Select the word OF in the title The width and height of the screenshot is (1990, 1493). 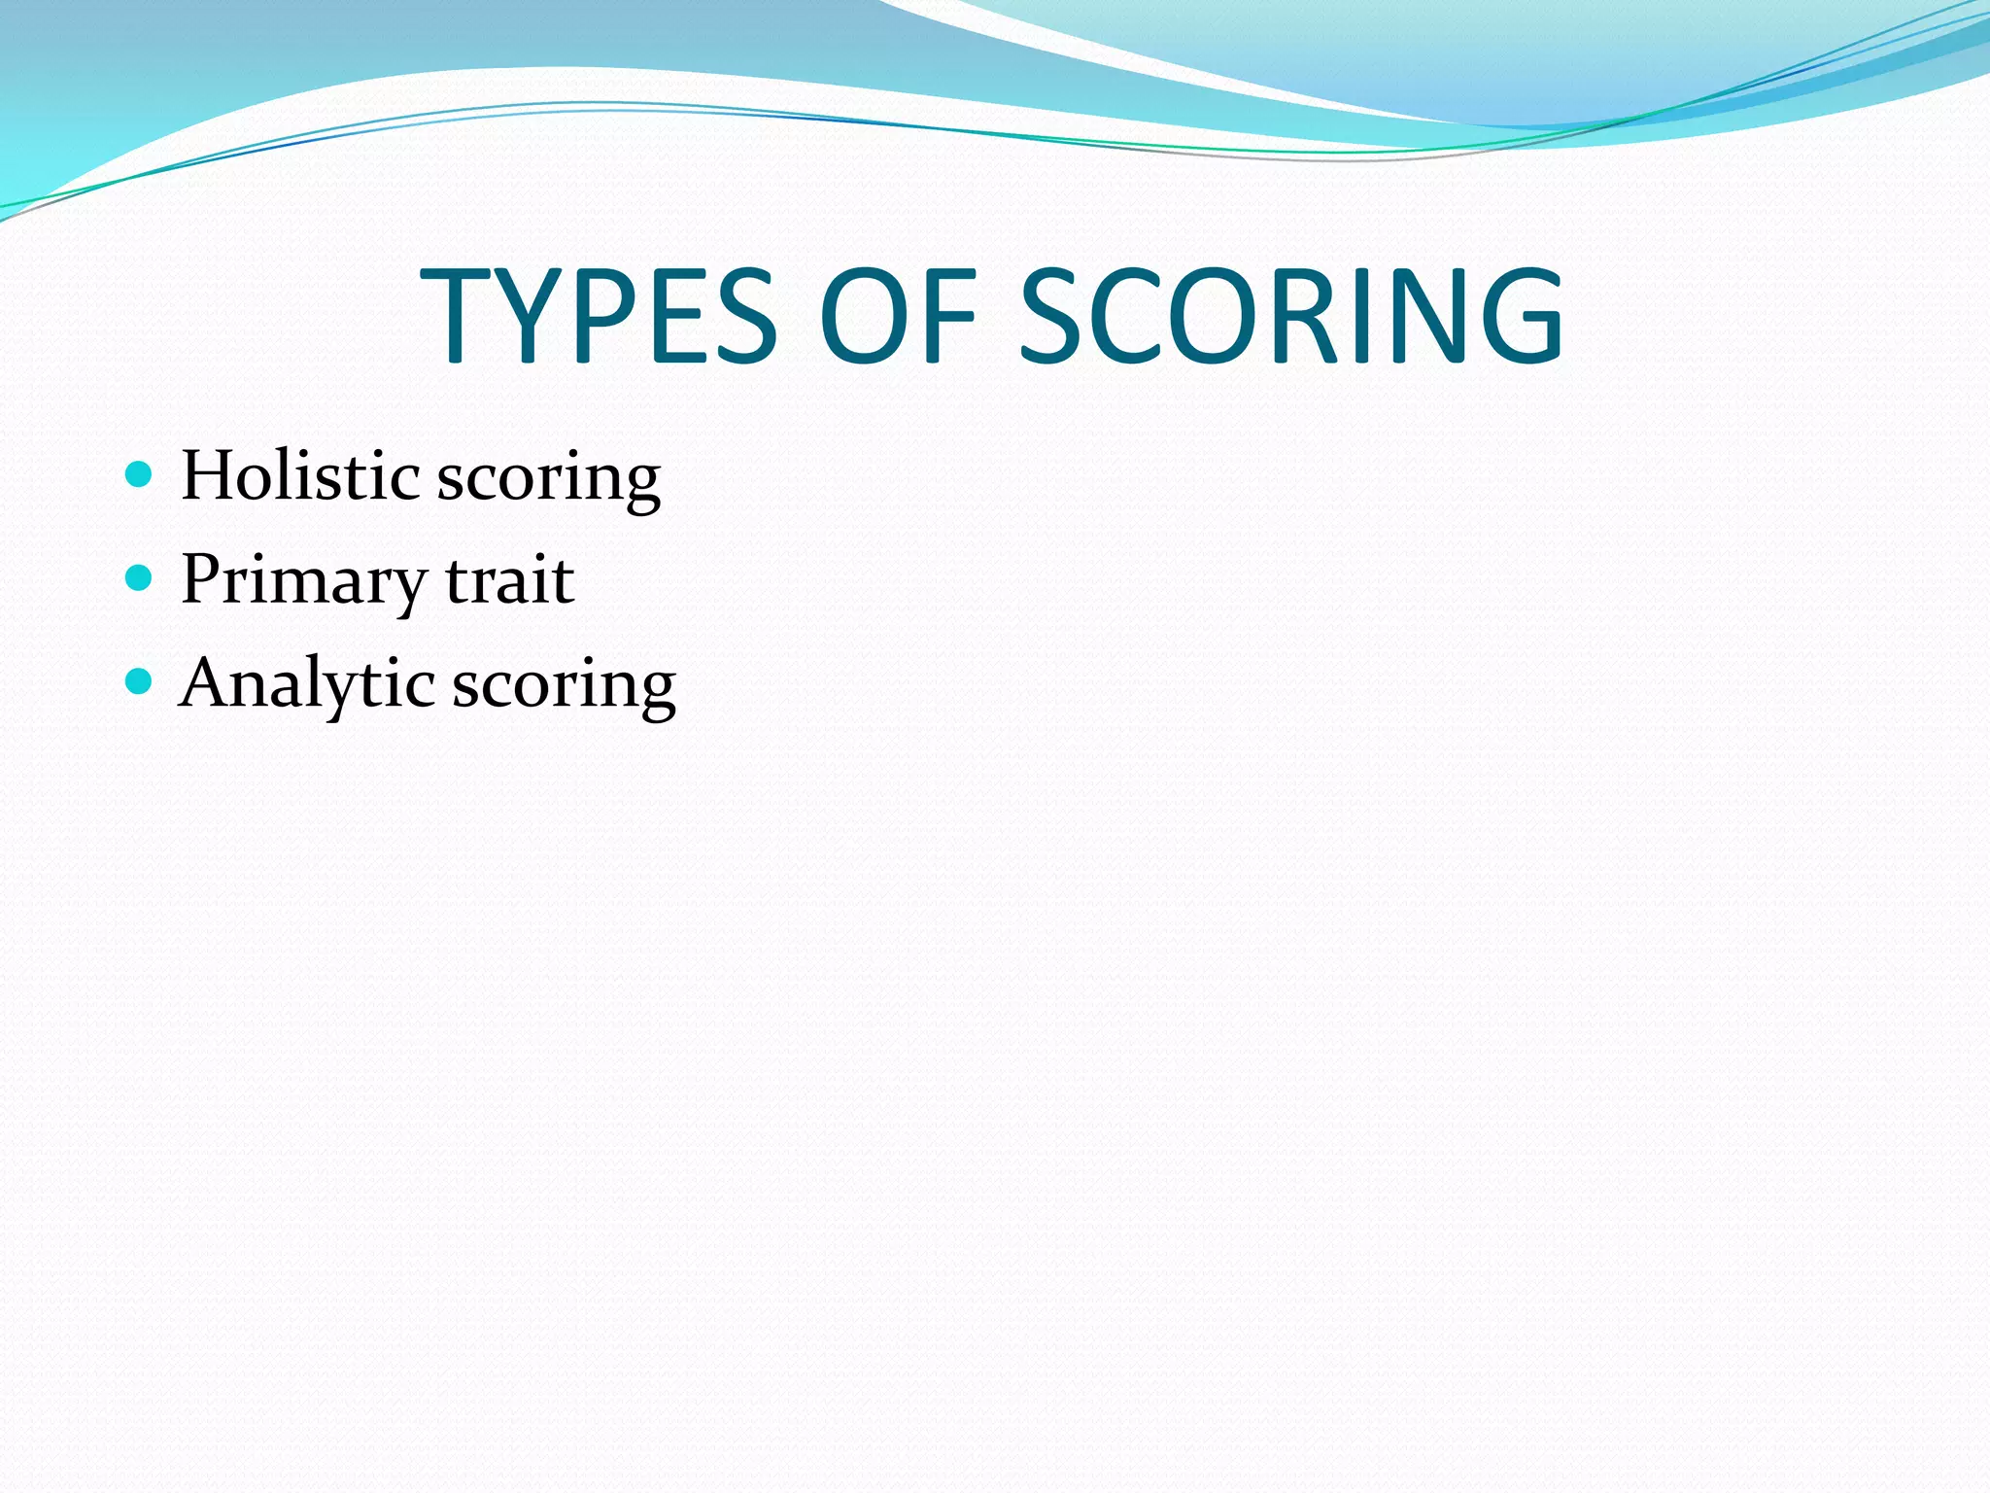click(x=897, y=316)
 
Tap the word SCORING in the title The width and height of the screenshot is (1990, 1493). click(x=1291, y=316)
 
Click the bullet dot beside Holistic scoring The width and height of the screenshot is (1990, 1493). click(x=140, y=474)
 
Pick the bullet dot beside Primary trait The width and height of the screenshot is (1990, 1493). click(x=140, y=578)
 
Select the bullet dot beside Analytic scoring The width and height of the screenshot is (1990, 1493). click(x=140, y=681)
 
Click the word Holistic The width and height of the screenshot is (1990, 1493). click(x=300, y=476)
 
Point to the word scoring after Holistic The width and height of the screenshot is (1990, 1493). click(x=549, y=481)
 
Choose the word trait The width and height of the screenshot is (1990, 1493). click(x=510, y=581)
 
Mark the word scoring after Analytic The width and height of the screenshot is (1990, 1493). click(x=564, y=688)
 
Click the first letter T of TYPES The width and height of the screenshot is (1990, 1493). click(x=457, y=316)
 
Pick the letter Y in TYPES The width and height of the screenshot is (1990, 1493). click(x=530, y=316)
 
